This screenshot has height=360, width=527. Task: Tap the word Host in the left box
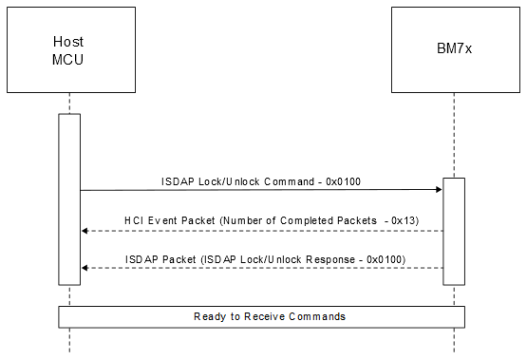click(69, 42)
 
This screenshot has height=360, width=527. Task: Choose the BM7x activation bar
click(454, 230)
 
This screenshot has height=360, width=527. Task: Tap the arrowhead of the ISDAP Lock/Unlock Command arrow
click(439, 190)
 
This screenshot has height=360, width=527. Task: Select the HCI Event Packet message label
click(261, 220)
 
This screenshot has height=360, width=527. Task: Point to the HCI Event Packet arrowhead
click(85, 231)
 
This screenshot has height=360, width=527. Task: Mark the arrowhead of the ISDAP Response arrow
click(85, 268)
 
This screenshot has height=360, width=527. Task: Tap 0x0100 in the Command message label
click(342, 180)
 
